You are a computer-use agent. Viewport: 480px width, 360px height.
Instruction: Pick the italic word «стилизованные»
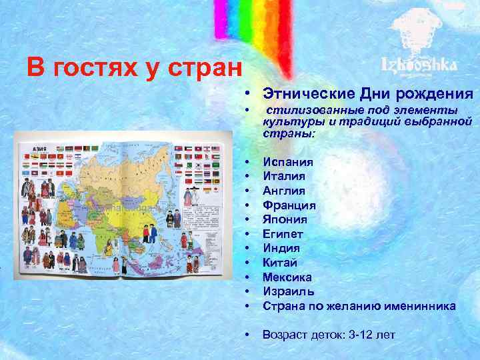click(310, 110)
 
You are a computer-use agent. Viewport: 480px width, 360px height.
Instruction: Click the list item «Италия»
click(284, 176)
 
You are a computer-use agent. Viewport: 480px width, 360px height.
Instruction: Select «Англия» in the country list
click(284, 191)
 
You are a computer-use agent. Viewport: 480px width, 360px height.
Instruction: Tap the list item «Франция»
click(289, 205)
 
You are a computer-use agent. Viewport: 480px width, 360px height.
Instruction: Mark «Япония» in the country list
click(285, 219)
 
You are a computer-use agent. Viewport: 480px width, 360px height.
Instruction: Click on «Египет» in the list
click(283, 234)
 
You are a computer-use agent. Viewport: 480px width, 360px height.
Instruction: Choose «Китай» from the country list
click(280, 263)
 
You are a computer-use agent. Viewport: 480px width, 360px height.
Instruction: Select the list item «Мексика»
click(287, 277)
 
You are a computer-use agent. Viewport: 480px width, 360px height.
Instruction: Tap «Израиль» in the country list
click(287, 291)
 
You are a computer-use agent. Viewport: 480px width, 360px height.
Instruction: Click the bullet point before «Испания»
click(247, 162)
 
